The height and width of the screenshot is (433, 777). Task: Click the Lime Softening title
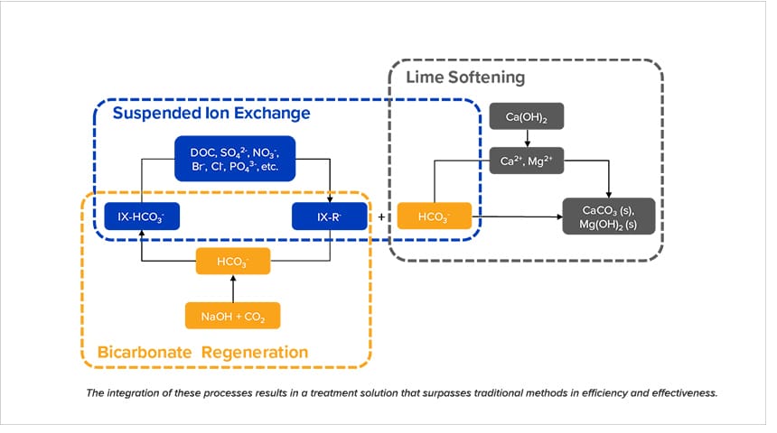click(x=465, y=78)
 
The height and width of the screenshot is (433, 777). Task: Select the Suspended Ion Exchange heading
click(x=211, y=114)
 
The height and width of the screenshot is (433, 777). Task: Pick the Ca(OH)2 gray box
click(x=526, y=117)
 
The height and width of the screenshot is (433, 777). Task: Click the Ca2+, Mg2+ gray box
click(x=526, y=161)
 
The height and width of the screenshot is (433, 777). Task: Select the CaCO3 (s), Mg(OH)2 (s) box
click(x=608, y=216)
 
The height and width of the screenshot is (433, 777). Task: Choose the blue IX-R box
click(x=330, y=217)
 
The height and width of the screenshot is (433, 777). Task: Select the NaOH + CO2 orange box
click(x=233, y=316)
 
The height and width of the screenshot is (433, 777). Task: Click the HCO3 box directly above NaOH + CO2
click(x=233, y=262)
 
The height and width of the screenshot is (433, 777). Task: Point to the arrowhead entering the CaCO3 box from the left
click(x=557, y=217)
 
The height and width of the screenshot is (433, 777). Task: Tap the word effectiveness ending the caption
click(x=679, y=393)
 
